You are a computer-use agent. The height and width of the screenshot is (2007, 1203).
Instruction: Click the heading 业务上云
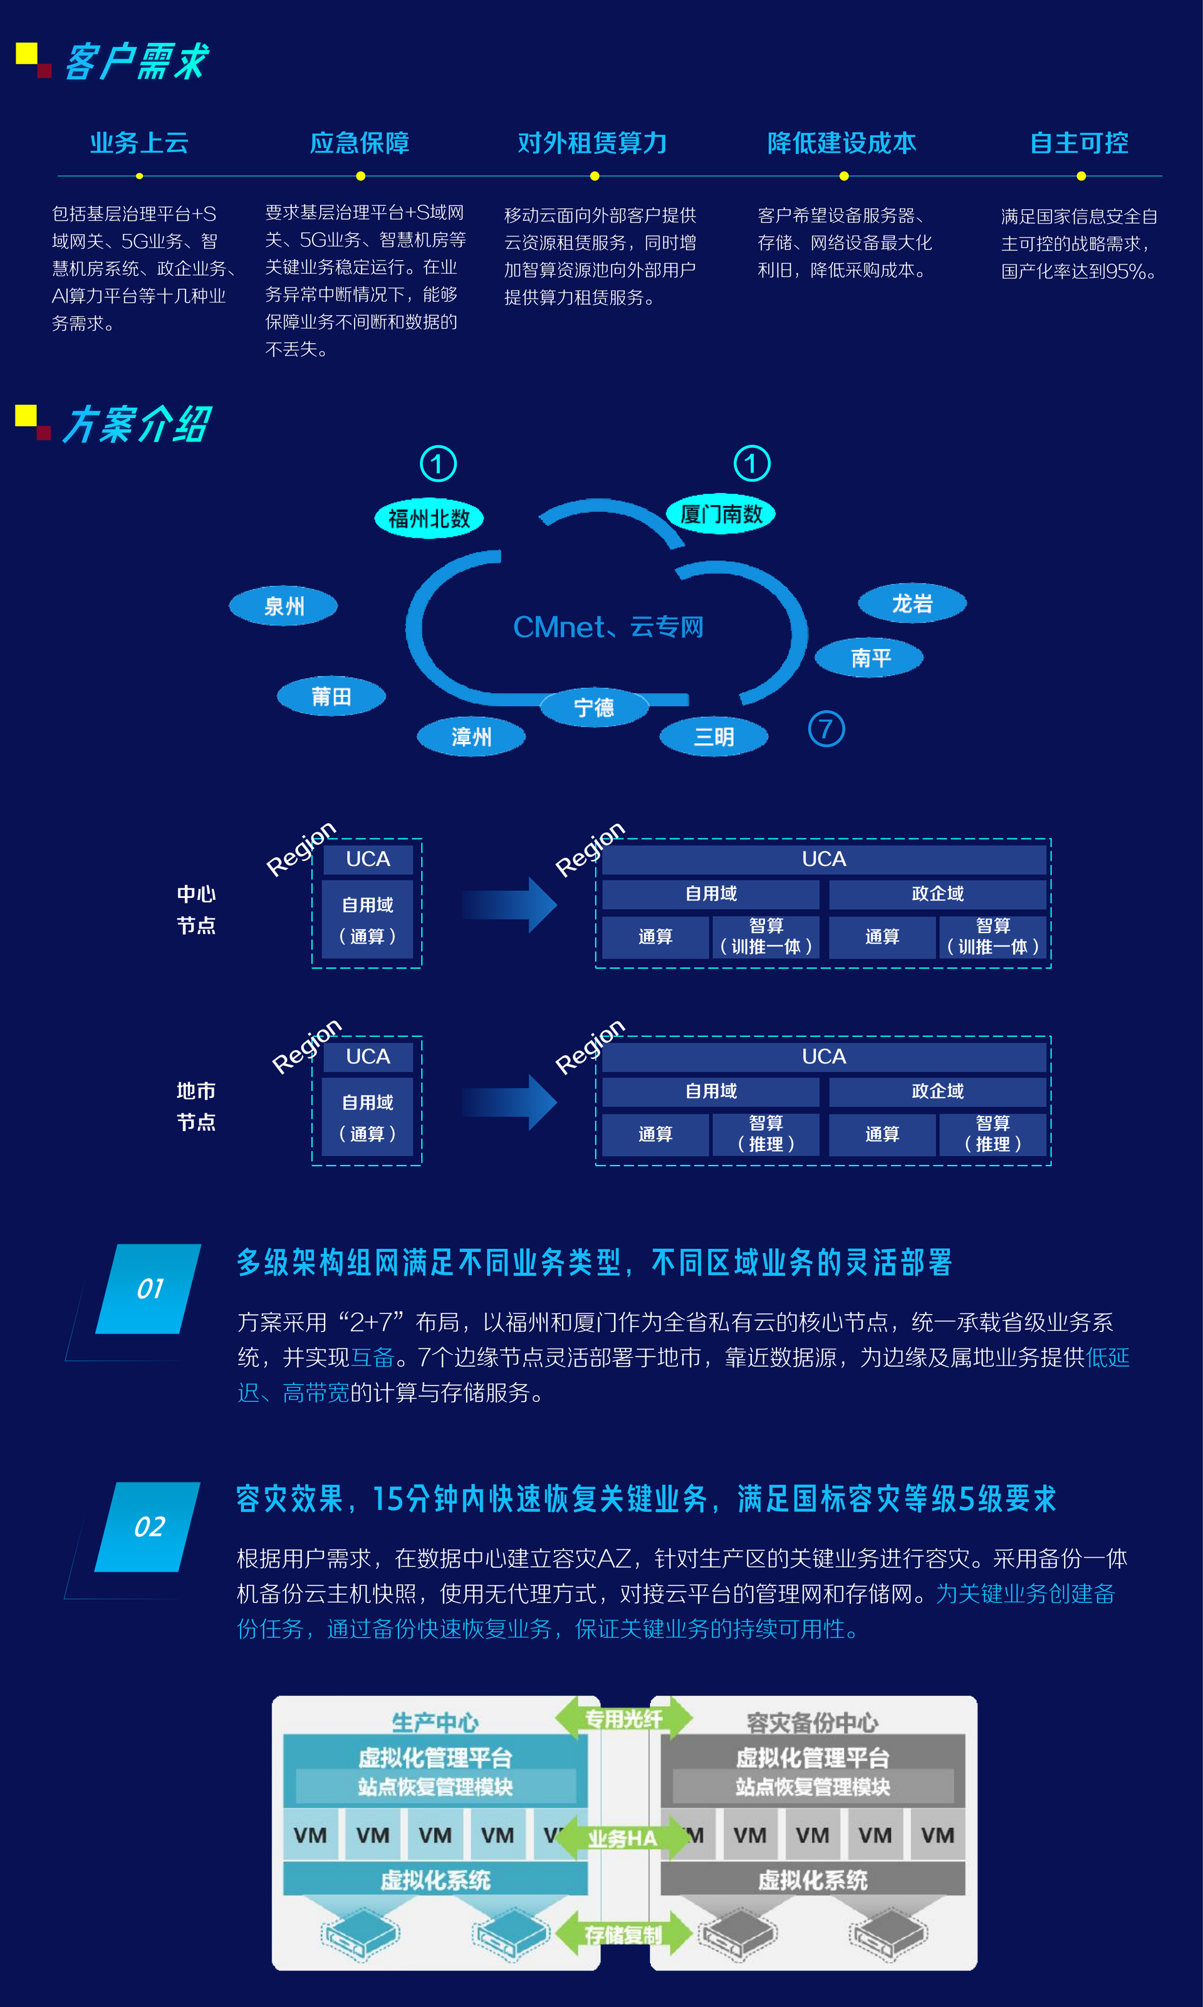click(140, 143)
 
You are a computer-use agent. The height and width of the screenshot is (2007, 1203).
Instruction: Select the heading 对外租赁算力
click(593, 143)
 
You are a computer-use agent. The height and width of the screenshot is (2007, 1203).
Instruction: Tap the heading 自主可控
click(1079, 143)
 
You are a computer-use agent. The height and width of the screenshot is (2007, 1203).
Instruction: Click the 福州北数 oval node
click(429, 519)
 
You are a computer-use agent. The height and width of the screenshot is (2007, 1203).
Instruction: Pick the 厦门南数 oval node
click(721, 514)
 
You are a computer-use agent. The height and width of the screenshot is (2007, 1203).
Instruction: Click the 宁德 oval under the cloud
click(594, 707)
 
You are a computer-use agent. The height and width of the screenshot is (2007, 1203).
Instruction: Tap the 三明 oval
click(714, 737)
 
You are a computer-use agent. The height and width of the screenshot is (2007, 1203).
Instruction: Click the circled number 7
click(826, 729)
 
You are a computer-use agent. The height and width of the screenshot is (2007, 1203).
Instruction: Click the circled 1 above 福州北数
click(438, 464)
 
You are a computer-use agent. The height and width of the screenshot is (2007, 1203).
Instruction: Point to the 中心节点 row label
click(196, 909)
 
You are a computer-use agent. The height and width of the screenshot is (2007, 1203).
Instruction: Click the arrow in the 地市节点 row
click(509, 1102)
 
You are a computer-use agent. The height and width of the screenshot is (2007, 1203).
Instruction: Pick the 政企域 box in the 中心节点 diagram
click(937, 894)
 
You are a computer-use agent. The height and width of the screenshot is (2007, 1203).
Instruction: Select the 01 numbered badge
click(149, 1289)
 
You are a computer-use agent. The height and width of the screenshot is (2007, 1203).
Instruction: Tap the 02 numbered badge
click(148, 1527)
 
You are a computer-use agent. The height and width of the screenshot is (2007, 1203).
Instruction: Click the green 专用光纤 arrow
click(623, 1718)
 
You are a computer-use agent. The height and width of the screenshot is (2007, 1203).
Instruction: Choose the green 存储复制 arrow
click(623, 1935)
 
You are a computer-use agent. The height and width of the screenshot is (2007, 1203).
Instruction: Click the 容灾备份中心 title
click(812, 1722)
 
